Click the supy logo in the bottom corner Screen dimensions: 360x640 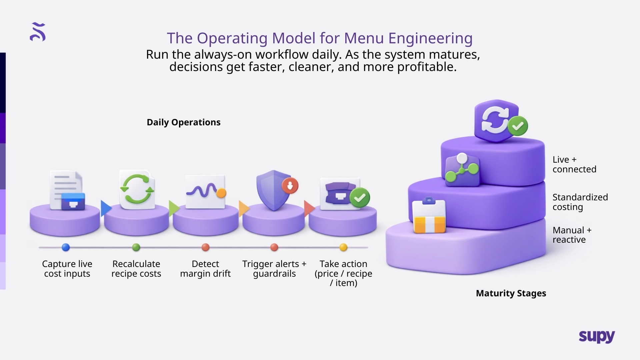[x=597, y=337]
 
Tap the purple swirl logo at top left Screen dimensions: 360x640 [x=38, y=32]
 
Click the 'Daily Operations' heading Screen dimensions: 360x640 [x=183, y=122]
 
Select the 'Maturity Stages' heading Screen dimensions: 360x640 [x=511, y=293]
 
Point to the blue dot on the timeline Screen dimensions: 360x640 [x=66, y=247]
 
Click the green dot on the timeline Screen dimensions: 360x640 [x=136, y=247]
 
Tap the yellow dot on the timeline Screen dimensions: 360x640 [x=343, y=247]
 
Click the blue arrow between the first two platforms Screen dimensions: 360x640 [x=105, y=209]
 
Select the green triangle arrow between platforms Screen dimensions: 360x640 [x=173, y=209]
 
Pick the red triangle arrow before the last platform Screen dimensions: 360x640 [x=309, y=209]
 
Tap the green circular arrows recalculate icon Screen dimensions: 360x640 [x=137, y=189]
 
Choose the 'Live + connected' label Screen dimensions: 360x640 [x=574, y=164]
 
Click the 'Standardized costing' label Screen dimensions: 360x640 [x=580, y=202]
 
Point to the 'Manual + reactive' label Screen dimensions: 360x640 [x=572, y=235]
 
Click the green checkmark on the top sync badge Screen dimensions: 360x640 [x=518, y=126]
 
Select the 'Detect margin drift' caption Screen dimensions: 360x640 [x=205, y=269]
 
